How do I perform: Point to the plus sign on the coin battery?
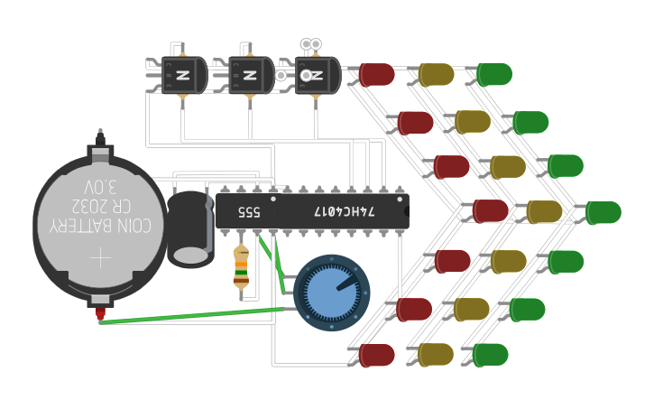pos(100,259)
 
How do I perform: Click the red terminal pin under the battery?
pos(99,314)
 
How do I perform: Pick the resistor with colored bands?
pos(241,266)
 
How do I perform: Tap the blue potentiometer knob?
pos(332,292)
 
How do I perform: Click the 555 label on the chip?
pos(249,212)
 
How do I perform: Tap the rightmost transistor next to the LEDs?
pos(317,75)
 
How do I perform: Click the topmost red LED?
pos(377,74)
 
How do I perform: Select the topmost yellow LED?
pos(436,74)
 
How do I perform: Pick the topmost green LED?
pos(493,74)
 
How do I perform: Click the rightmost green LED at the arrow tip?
pos(603,212)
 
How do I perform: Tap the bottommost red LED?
pos(377,355)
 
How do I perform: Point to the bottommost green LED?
pos(491,355)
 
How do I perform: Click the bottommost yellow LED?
pos(436,355)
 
